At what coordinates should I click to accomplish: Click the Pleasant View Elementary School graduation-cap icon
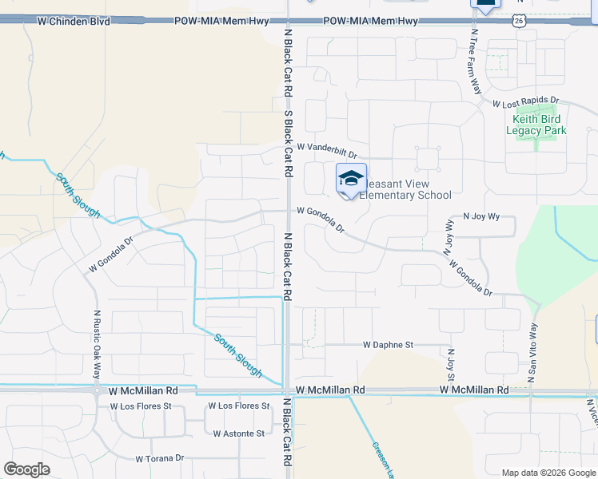351,179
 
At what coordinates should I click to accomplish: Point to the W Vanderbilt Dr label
326,148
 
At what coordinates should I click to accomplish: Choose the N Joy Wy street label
481,216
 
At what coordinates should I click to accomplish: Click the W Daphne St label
388,345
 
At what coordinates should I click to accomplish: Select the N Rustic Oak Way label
97,344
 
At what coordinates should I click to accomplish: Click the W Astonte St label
238,433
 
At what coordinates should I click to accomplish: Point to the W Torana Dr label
160,459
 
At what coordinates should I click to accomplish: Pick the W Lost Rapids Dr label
525,104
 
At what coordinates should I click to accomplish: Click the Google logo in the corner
26,469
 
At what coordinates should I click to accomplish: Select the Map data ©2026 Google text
548,473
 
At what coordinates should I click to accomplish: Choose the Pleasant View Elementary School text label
405,189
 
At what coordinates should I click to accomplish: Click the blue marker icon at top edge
485,4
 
